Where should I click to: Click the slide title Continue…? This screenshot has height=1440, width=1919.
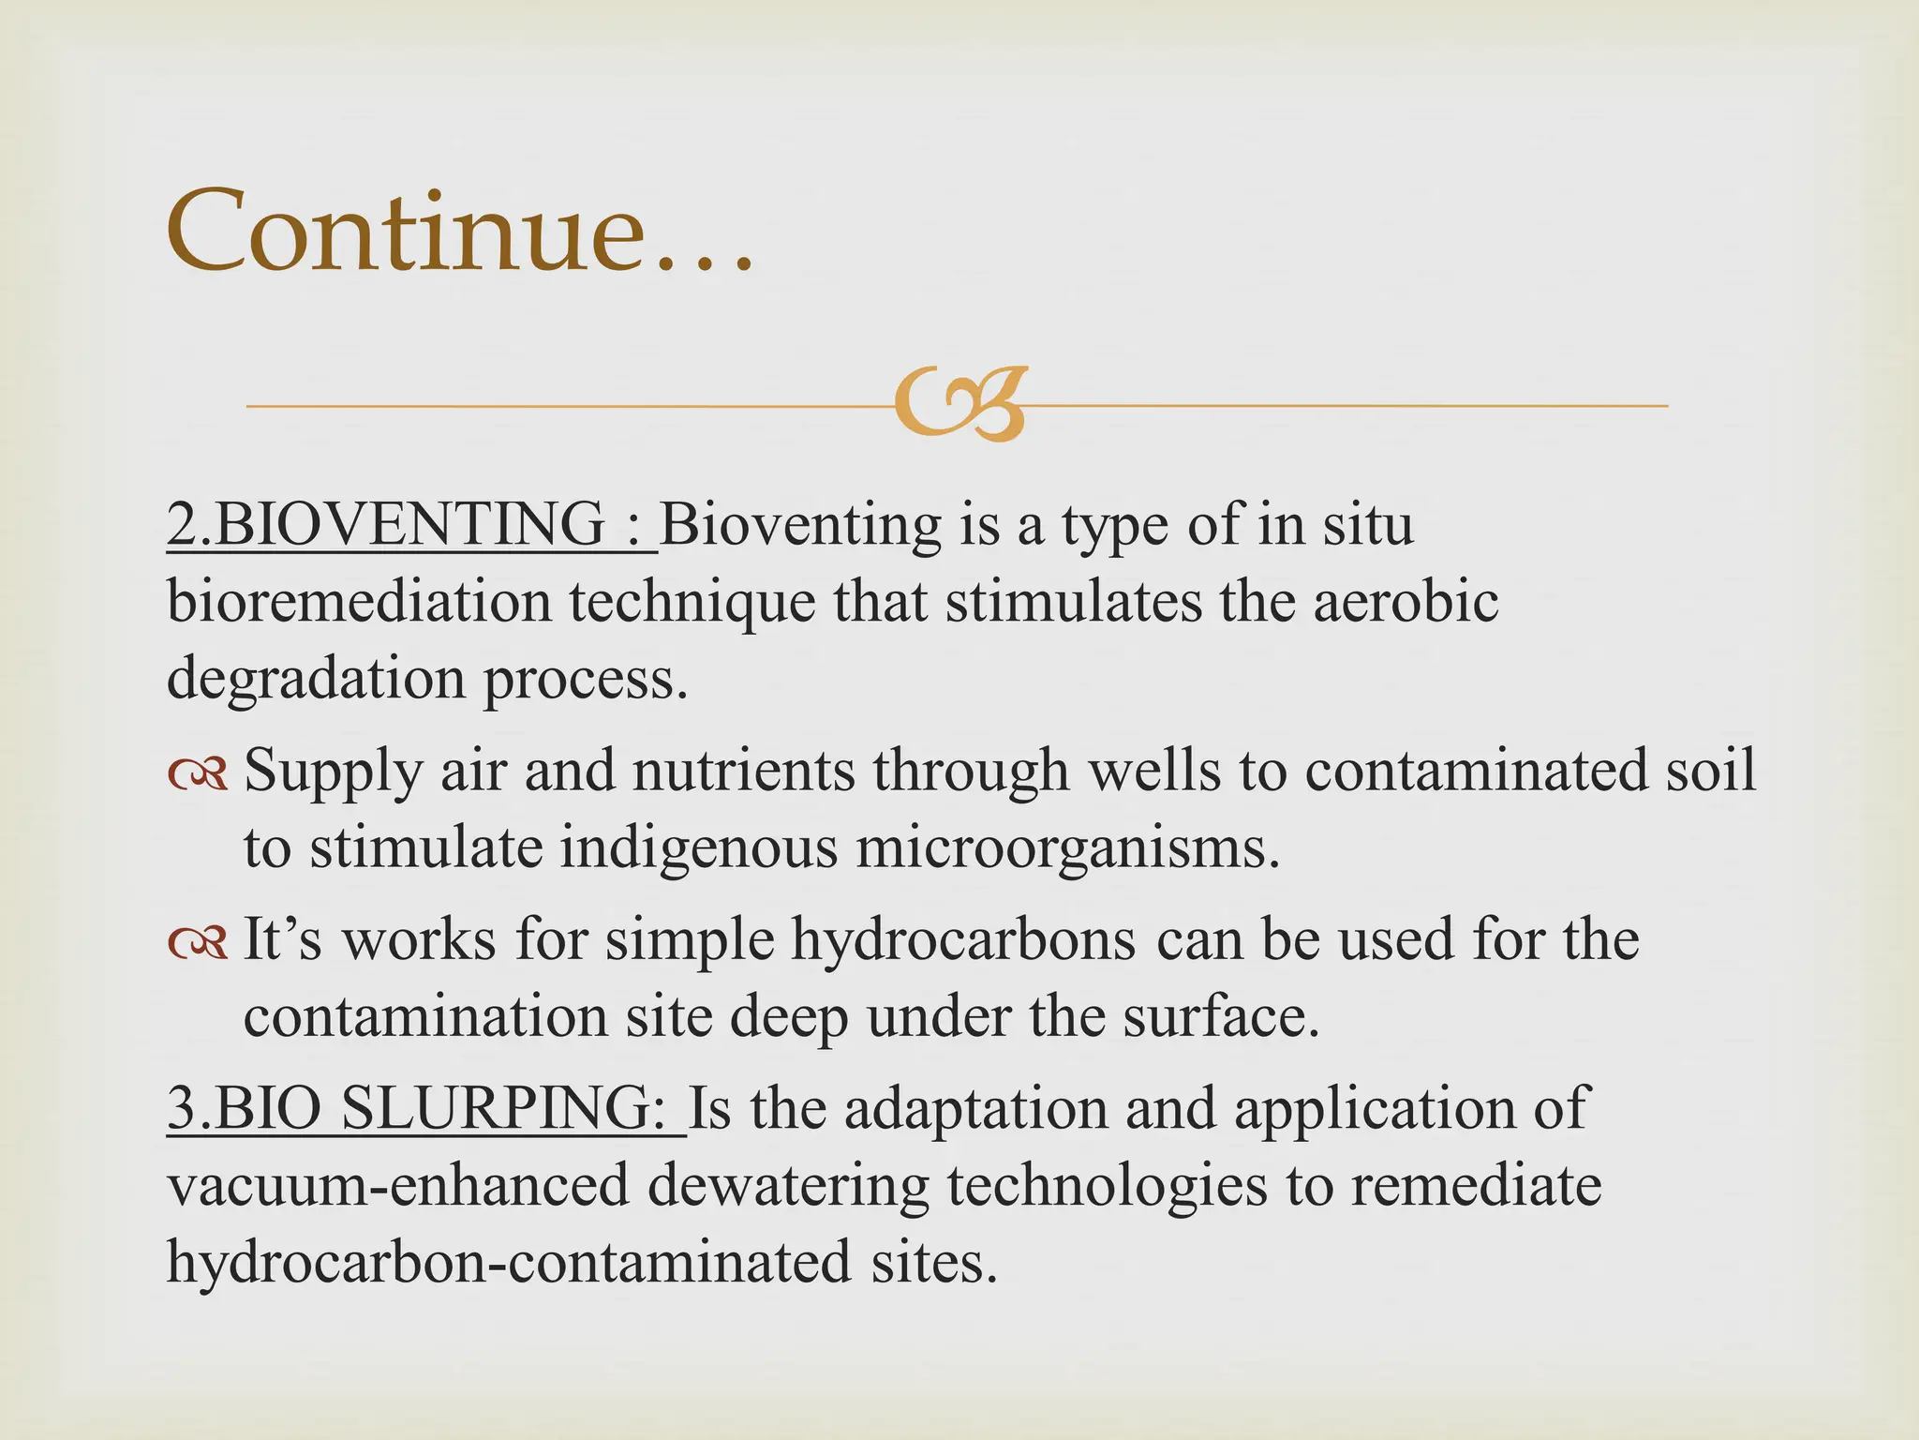[x=459, y=230]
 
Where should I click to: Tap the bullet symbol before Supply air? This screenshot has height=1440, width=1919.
[x=198, y=774]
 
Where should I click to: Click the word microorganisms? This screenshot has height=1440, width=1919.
[x=1067, y=848]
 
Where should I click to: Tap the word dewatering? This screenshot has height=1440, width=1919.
[x=787, y=1186]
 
